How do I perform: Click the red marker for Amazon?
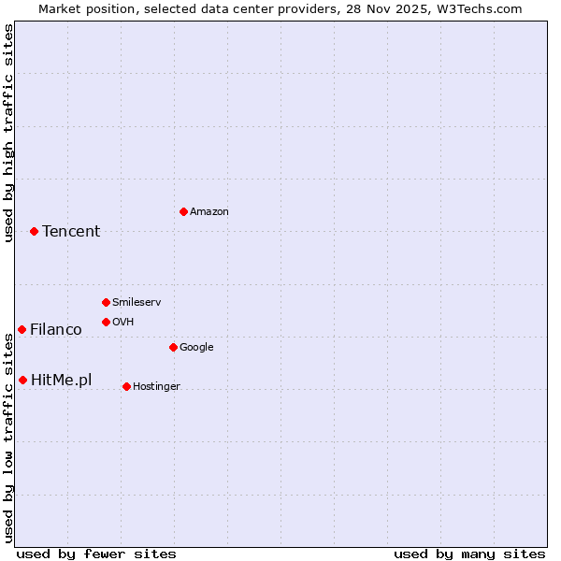coord(183,211)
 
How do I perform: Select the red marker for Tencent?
coord(34,231)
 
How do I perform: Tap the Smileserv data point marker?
coord(106,302)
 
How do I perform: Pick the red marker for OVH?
coord(106,322)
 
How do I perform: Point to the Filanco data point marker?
coord(22,329)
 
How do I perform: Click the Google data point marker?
coord(173,347)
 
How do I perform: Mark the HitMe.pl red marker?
coord(22,380)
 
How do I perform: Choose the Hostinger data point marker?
coord(126,386)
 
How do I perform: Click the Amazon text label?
coord(209,212)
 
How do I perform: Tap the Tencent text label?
coord(71,232)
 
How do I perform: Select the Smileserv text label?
coord(137,303)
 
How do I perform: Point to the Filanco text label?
coord(56,330)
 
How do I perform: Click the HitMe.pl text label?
coord(62,380)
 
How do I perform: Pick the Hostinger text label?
coord(156,387)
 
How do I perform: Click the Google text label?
coord(196,348)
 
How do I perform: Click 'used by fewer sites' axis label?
coord(96,554)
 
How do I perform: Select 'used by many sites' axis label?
coord(469,554)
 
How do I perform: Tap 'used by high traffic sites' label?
coord(8,133)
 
